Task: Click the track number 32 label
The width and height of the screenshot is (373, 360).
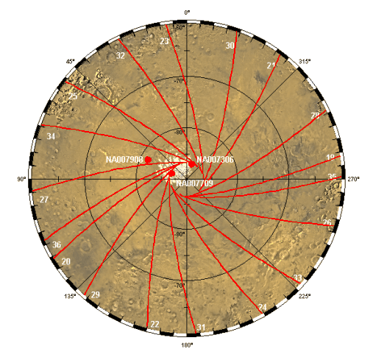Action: [120, 55]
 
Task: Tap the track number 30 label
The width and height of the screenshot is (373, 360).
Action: [230, 46]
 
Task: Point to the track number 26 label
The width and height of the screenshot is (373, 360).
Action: [327, 222]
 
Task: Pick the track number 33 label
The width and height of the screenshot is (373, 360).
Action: [297, 277]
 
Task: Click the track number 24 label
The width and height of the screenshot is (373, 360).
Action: [263, 308]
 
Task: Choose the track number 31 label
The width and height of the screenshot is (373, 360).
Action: [201, 327]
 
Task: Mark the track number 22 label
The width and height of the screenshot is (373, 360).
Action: [154, 324]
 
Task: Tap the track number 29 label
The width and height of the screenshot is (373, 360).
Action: [95, 294]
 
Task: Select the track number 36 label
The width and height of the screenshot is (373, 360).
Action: [56, 245]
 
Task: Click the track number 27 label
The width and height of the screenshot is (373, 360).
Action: [44, 200]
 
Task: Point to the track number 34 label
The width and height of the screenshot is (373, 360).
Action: [51, 137]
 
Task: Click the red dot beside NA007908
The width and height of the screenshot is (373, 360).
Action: [148, 159]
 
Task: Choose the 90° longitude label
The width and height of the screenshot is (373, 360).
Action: [22, 179]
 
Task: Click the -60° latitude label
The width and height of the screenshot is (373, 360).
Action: [177, 27]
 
